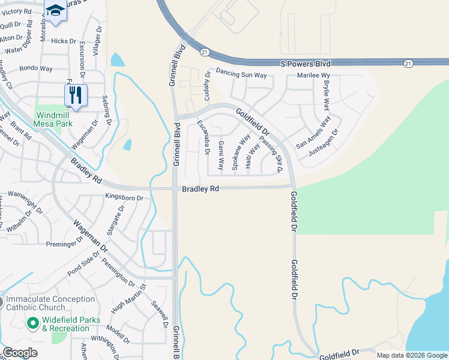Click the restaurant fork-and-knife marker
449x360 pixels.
(x=76, y=95)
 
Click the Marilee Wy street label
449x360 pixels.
(x=315, y=76)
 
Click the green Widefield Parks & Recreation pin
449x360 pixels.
(x=34, y=324)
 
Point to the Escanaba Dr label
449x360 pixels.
(x=203, y=138)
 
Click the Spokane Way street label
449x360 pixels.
(x=240, y=152)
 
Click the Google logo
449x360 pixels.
(x=20, y=353)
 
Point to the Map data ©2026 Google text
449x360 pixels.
(x=412, y=355)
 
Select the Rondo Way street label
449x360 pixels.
(x=35, y=68)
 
